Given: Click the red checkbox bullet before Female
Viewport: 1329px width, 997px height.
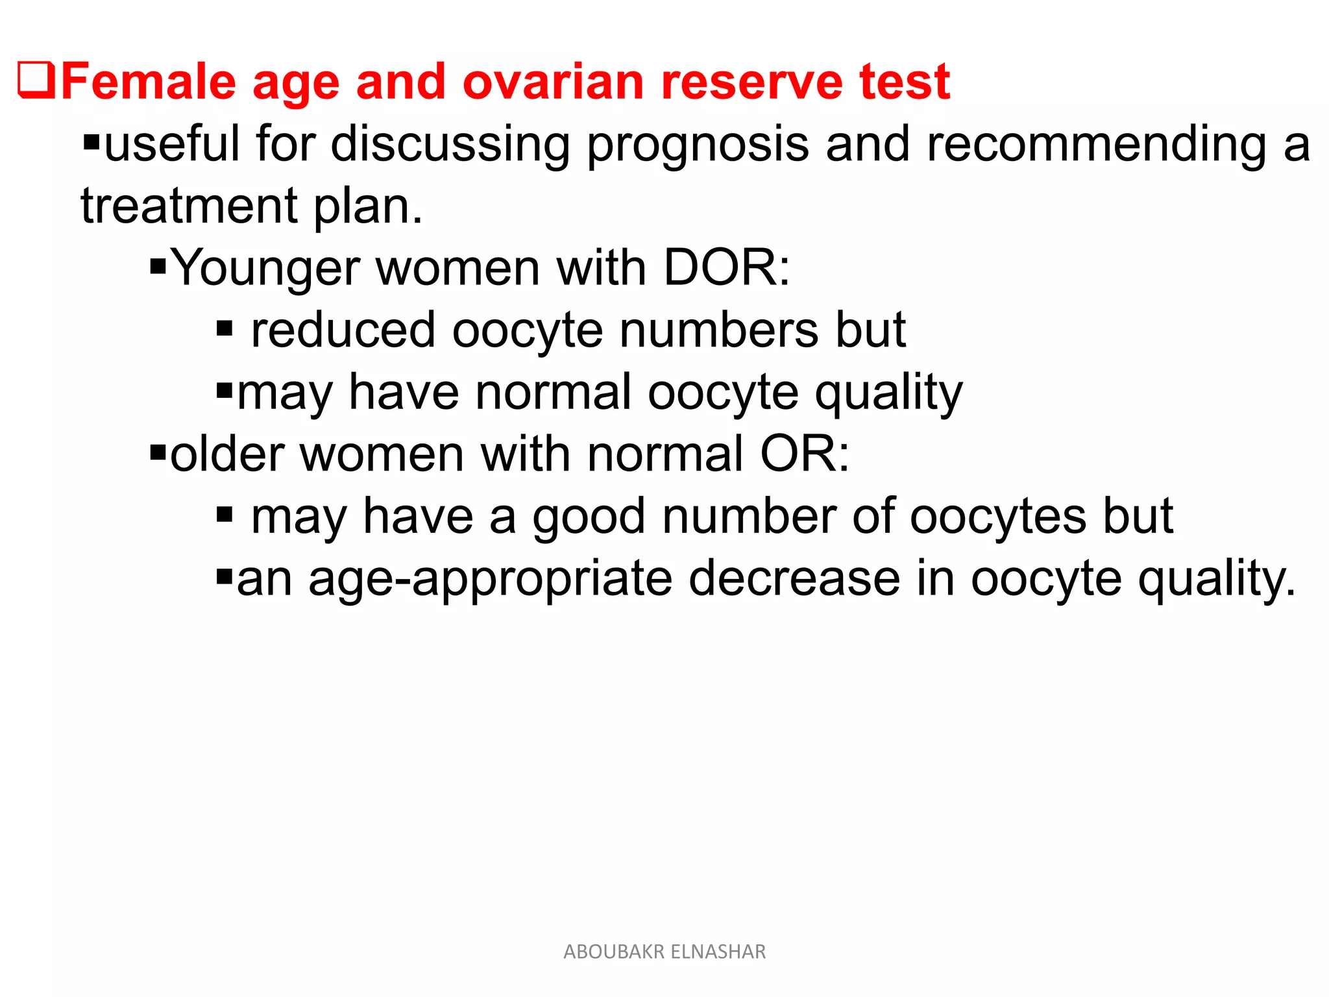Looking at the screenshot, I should pos(36,80).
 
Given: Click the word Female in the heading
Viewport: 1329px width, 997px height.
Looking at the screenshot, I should pos(148,82).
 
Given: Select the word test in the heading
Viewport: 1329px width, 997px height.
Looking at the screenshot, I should pos(905,82).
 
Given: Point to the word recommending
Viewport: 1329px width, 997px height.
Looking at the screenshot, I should pos(1096,144).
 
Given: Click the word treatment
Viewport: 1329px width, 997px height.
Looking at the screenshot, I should pos(189,206).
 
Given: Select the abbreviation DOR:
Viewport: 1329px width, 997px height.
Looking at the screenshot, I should pos(726,267).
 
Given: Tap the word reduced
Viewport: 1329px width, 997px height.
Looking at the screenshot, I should pos(343,330).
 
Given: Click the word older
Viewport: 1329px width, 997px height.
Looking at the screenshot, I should pos(227,454).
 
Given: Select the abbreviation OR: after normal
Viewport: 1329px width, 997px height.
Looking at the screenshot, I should pos(804,454).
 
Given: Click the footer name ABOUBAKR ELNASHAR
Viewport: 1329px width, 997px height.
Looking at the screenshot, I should pos(664,952).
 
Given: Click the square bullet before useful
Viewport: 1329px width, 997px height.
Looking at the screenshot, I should pos(91,141).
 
